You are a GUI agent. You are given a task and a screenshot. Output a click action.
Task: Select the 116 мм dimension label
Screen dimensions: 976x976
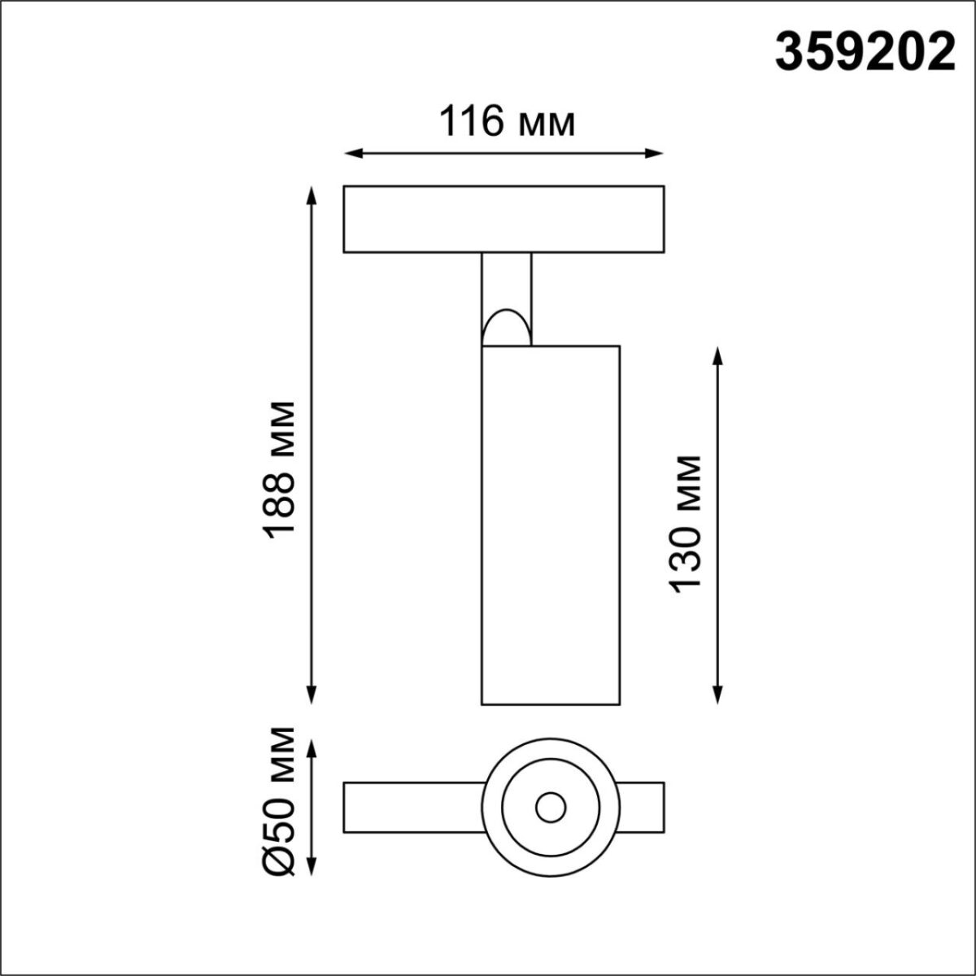tap(508, 123)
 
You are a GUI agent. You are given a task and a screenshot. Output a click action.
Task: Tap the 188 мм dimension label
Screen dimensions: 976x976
tap(279, 469)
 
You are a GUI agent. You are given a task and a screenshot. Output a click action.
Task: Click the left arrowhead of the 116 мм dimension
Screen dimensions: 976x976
tap(351, 153)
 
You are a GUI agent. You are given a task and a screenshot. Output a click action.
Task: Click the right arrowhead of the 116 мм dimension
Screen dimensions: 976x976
tap(657, 153)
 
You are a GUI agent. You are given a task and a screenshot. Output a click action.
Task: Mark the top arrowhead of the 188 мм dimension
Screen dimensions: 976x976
tap(311, 194)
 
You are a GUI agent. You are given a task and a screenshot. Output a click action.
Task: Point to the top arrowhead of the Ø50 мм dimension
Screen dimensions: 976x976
tap(311, 747)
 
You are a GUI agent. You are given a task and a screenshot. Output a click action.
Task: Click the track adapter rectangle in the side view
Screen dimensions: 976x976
tap(503, 220)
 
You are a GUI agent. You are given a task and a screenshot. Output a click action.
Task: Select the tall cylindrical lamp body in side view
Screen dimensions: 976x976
tap(551, 525)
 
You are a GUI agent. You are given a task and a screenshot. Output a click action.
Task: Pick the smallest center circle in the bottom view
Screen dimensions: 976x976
tap(551, 808)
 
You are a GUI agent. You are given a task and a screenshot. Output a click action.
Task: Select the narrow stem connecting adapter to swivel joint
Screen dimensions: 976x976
tap(506, 281)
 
